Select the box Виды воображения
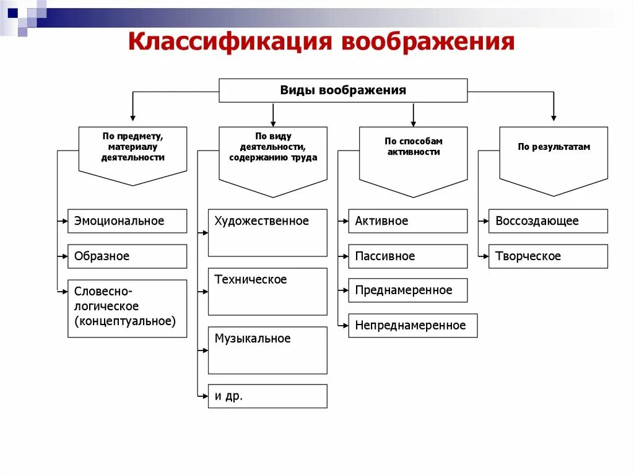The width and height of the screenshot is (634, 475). [343, 90]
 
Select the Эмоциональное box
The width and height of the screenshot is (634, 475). [127, 221]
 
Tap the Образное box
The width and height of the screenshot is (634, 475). [127, 256]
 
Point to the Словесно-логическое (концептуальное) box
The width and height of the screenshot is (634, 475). [127, 308]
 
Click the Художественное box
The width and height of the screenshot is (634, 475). [267, 233]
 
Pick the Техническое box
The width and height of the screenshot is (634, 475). [267, 292]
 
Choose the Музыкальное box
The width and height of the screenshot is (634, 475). [267, 351]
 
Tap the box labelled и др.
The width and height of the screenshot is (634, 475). [267, 396]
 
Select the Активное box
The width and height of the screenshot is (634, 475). [408, 221]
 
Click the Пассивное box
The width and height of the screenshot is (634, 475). [408, 256]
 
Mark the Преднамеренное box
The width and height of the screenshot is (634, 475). [408, 290]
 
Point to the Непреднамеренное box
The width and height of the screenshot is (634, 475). [413, 326]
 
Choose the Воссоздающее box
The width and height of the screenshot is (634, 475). [548, 221]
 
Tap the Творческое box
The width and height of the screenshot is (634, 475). [548, 256]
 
